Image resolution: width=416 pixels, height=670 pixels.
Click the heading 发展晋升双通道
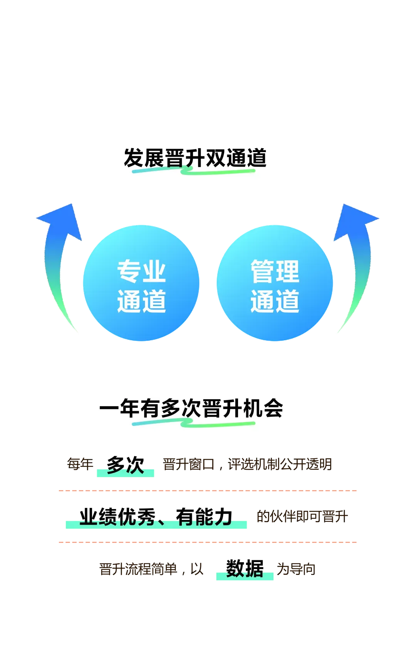pos(195,158)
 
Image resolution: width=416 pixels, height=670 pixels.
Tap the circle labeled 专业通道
pos(141,283)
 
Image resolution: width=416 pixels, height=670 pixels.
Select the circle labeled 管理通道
pos(275,283)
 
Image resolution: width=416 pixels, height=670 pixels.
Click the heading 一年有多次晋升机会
pos(191,409)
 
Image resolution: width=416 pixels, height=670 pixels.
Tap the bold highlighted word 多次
pos(126,465)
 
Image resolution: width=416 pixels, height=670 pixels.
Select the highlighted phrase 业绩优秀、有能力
pos(156,517)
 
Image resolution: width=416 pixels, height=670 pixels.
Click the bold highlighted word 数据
pos(245,568)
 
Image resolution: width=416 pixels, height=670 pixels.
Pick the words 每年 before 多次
pos(80,464)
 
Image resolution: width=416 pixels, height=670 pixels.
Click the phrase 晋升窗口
pos(189,464)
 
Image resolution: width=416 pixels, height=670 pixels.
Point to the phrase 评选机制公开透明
pos(280,464)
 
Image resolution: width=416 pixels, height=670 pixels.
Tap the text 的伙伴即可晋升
pos(302,516)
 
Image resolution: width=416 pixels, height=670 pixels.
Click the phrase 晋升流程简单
pos(138,569)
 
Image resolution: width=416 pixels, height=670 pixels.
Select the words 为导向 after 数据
pos(296,569)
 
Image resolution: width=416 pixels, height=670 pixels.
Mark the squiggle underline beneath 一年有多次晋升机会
pos(194,423)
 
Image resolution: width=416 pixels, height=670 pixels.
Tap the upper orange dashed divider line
pos(208,491)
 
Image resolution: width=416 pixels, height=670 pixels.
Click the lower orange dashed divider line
pos(208,542)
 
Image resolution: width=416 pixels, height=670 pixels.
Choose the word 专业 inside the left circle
pos(142,271)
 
